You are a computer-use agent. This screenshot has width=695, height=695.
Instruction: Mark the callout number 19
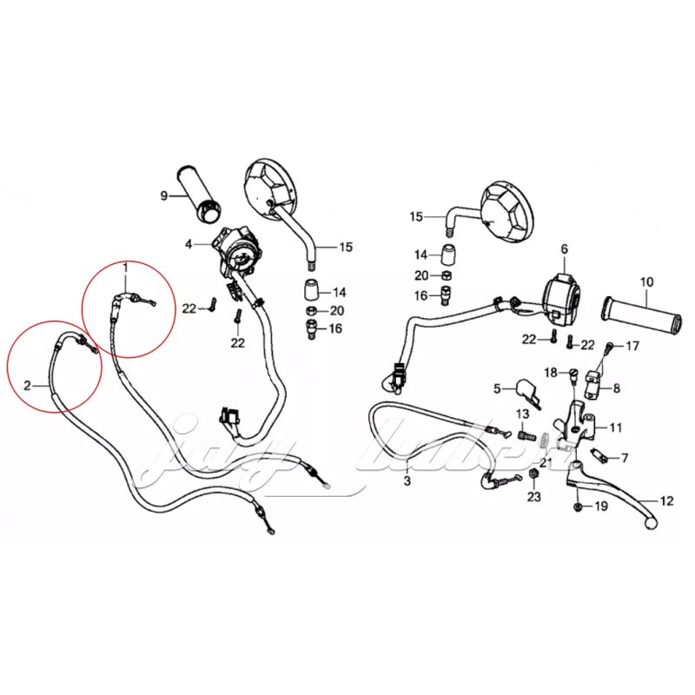(x=600, y=506)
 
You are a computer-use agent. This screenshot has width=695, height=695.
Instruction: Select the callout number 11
(x=616, y=427)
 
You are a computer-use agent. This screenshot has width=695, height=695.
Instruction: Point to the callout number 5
(x=498, y=388)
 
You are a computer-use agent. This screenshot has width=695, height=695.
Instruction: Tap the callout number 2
(x=28, y=383)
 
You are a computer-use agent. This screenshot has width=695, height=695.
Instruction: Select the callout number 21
(x=546, y=463)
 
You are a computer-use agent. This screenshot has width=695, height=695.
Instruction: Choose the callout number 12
(x=666, y=500)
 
